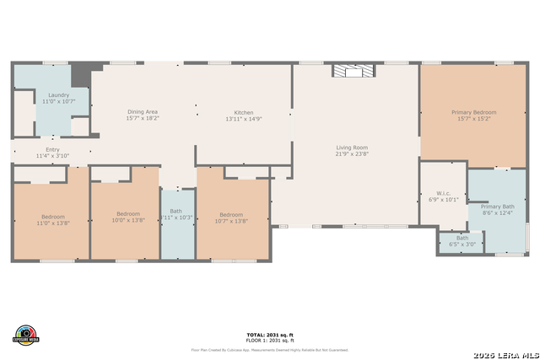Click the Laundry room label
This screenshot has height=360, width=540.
pyautogui.click(x=58, y=95)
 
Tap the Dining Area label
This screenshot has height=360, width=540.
pyautogui.click(x=142, y=112)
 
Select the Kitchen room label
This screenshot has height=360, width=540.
pyautogui.click(x=244, y=113)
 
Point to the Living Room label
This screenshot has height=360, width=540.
pyautogui.click(x=352, y=148)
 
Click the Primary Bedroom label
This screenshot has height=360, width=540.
pyautogui.click(x=473, y=112)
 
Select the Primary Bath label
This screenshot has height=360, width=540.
pyautogui.click(x=497, y=207)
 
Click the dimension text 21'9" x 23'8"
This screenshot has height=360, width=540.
pyautogui.click(x=352, y=154)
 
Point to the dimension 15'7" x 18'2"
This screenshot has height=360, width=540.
pyautogui.click(x=142, y=119)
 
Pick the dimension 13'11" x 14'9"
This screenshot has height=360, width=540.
pyautogui.click(x=244, y=120)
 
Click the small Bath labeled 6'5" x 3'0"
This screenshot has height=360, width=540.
pyautogui.click(x=462, y=241)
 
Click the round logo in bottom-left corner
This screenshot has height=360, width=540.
pyautogui.click(x=27, y=334)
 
